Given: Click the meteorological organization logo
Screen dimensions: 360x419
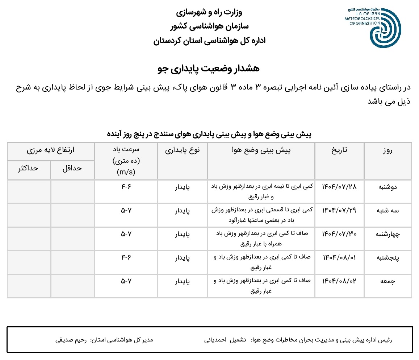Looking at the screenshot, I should click(385, 27).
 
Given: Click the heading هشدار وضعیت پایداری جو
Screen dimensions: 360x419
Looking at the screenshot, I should click(209, 69).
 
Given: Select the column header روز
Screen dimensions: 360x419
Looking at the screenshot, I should click(387, 150).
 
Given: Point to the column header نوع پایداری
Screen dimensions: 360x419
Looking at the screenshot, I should click(183, 150).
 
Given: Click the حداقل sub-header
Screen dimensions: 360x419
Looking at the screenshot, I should click(72, 168).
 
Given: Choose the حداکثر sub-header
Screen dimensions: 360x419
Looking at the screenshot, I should click(28, 168).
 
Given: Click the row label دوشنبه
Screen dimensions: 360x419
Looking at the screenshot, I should click(387, 187).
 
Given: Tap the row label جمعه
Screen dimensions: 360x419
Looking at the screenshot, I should click(387, 281).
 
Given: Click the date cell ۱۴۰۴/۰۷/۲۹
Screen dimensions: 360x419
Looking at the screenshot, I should click(339, 211).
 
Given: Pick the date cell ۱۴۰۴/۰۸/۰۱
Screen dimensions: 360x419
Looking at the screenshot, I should click(339, 258).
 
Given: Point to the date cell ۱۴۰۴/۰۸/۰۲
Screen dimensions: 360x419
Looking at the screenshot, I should click(339, 281).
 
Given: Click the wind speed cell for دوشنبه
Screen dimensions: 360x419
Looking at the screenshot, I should click(126, 187).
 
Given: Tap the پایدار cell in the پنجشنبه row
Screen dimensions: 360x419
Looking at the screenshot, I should click(183, 258).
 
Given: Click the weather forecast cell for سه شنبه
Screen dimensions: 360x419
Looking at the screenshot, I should click(261, 215).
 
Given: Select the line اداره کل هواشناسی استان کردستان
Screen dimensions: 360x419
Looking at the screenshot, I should click(209, 41).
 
